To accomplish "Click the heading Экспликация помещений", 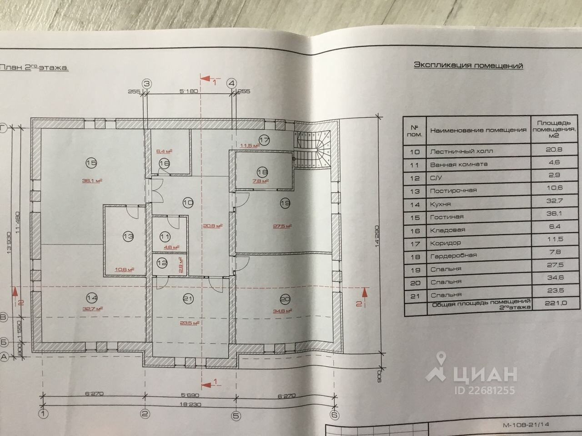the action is pyautogui.click(x=468, y=65).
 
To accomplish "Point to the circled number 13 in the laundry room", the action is pyautogui.click(x=128, y=236).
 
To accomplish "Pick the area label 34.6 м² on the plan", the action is pyautogui.click(x=283, y=311).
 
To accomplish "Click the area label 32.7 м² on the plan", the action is pyautogui.click(x=92, y=308).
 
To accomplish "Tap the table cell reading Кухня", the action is pyautogui.click(x=441, y=204).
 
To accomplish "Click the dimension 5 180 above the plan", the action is pyautogui.click(x=189, y=91).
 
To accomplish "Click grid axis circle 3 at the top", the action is pyautogui.click(x=147, y=84).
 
